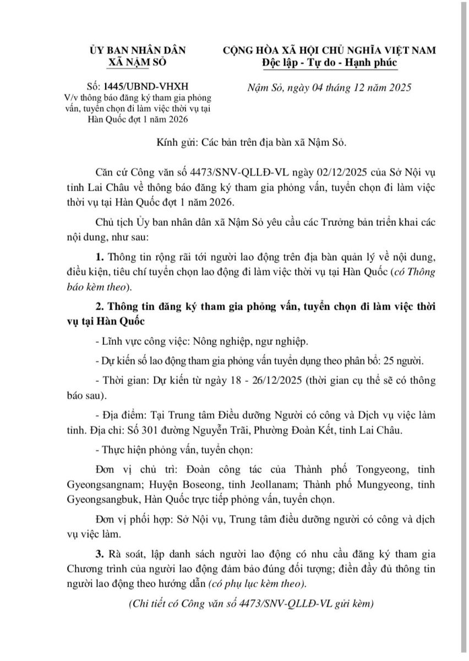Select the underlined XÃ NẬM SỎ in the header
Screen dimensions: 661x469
[139, 62]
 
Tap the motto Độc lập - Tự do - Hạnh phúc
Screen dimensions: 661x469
[329, 62]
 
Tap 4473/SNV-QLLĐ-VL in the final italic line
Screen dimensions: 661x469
[272, 603]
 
